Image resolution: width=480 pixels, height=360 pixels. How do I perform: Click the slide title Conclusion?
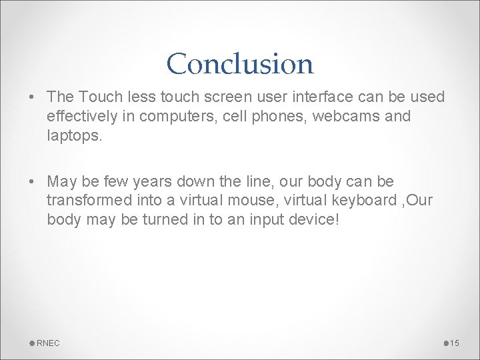click(240, 64)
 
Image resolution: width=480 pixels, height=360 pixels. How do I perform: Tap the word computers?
click(170, 116)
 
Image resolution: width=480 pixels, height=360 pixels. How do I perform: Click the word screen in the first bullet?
click(219, 97)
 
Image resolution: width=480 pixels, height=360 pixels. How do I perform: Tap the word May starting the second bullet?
click(62, 182)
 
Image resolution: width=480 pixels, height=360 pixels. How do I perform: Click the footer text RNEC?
click(48, 343)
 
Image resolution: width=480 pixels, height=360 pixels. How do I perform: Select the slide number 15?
click(455, 343)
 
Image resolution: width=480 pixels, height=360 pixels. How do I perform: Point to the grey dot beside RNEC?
click(33, 343)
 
